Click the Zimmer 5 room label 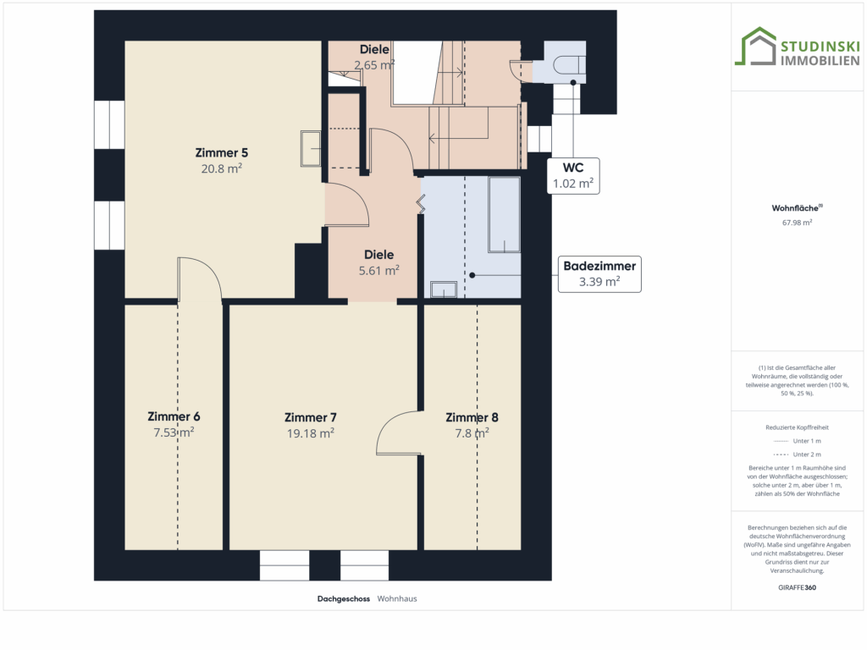pyautogui.click(x=221, y=152)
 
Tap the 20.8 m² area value pyautogui.click(x=221, y=168)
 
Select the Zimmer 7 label pyautogui.click(x=310, y=417)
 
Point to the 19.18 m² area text pyautogui.click(x=310, y=433)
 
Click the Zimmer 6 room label pyautogui.click(x=174, y=416)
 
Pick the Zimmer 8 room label pyautogui.click(x=472, y=417)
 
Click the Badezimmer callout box pyautogui.click(x=599, y=274)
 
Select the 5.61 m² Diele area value pyautogui.click(x=378, y=270)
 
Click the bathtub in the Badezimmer pyautogui.click(x=504, y=214)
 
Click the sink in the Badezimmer pyautogui.click(x=444, y=289)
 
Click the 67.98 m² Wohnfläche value pyautogui.click(x=797, y=223)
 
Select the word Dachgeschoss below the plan pyautogui.click(x=344, y=598)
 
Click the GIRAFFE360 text pyautogui.click(x=797, y=587)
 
